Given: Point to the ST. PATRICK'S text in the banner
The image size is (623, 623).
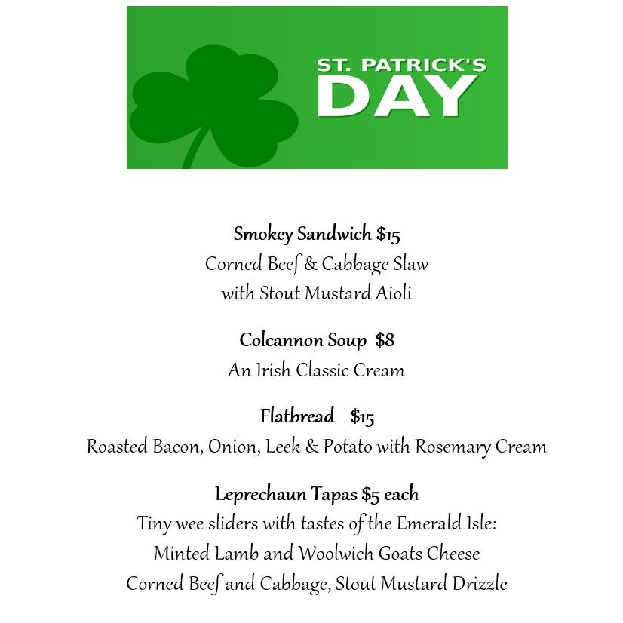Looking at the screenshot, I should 400,66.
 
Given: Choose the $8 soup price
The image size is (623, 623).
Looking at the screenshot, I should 385,340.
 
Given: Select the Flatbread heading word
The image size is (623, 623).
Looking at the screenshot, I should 297,416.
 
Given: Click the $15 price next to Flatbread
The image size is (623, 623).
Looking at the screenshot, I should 362,416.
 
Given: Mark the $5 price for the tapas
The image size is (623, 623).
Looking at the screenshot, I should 370,494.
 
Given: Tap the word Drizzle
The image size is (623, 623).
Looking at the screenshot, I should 480,584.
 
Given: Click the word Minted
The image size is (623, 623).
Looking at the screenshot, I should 179,554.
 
